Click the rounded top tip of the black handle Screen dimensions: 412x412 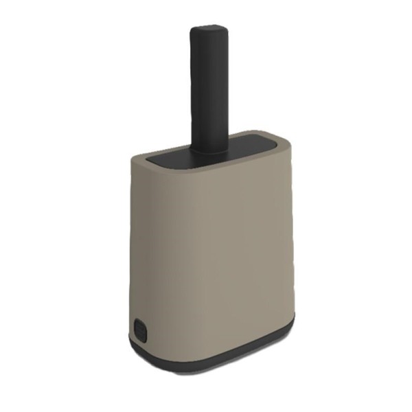[x=208, y=31]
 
